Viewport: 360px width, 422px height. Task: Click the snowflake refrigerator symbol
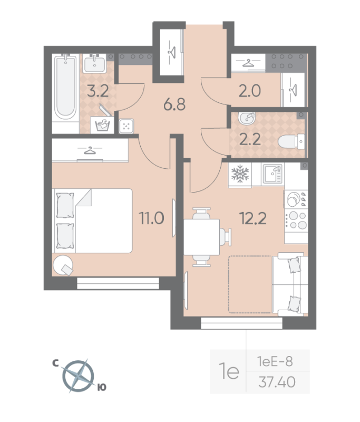(x=240, y=174)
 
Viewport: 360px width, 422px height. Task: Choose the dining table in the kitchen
(x=202, y=236)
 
